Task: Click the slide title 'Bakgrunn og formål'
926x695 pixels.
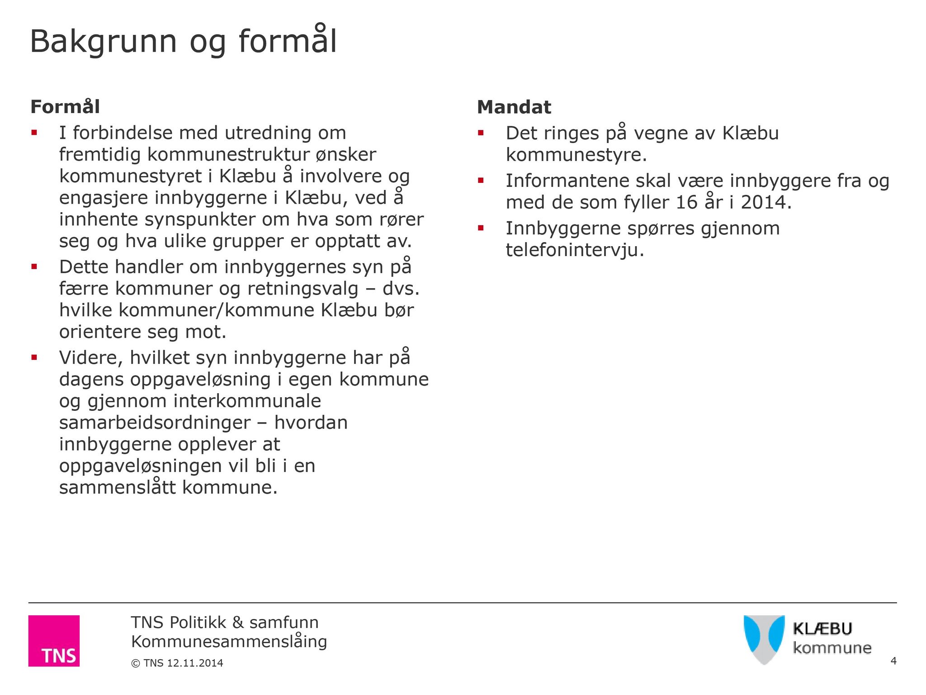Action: pyautogui.click(x=183, y=42)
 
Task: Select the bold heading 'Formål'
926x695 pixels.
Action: pyautogui.click(x=65, y=107)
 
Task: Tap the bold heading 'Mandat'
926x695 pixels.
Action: pyautogui.click(x=514, y=107)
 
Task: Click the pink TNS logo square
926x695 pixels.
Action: pyautogui.click(x=54, y=641)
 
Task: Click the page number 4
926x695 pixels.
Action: pyautogui.click(x=893, y=661)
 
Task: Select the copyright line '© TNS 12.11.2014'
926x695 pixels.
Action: pyautogui.click(x=177, y=663)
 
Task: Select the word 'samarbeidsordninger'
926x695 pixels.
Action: pyautogui.click(x=155, y=423)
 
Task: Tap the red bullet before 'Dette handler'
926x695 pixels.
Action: pyautogui.click(x=34, y=267)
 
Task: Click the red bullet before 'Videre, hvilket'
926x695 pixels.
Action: pyautogui.click(x=34, y=357)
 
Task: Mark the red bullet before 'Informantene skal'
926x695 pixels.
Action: pyautogui.click(x=481, y=181)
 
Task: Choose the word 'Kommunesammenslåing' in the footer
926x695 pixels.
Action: pyautogui.click(x=229, y=642)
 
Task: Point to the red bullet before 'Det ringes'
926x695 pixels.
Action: pyautogui.click(x=481, y=133)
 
